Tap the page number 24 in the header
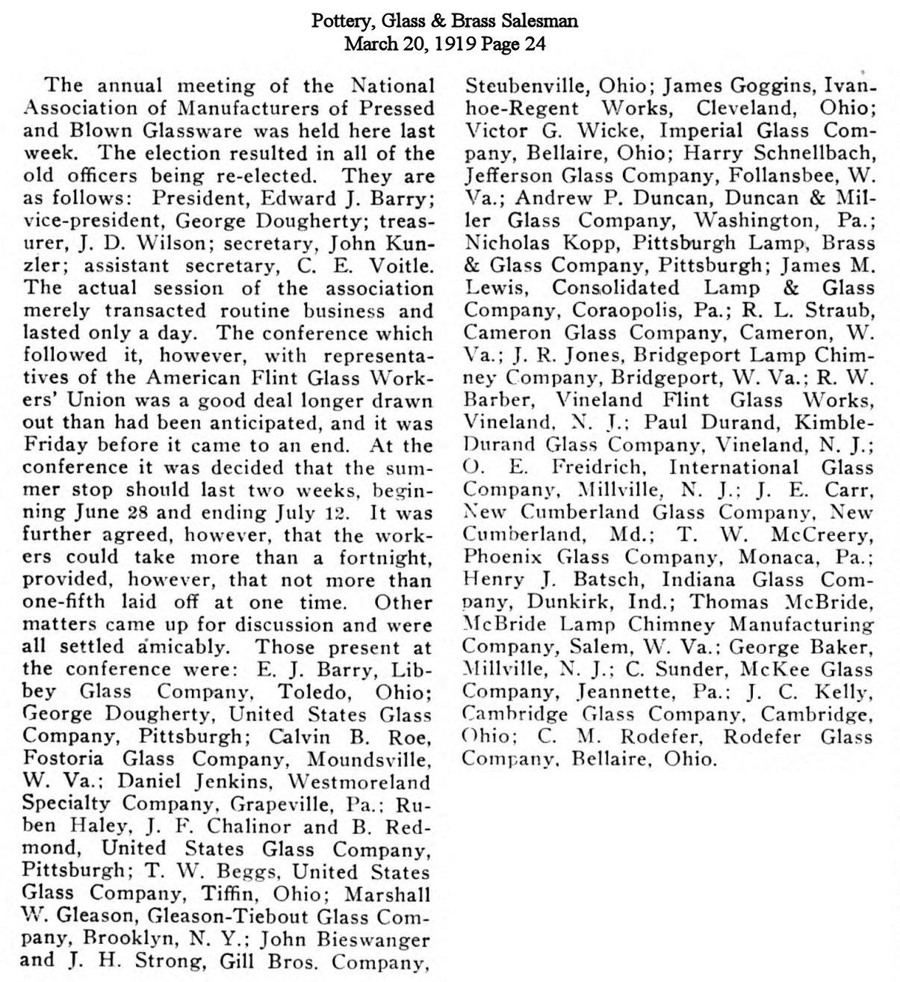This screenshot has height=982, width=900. coord(535,43)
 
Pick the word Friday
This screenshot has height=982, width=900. coord(51,445)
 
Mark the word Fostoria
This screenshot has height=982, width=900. coord(67,759)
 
